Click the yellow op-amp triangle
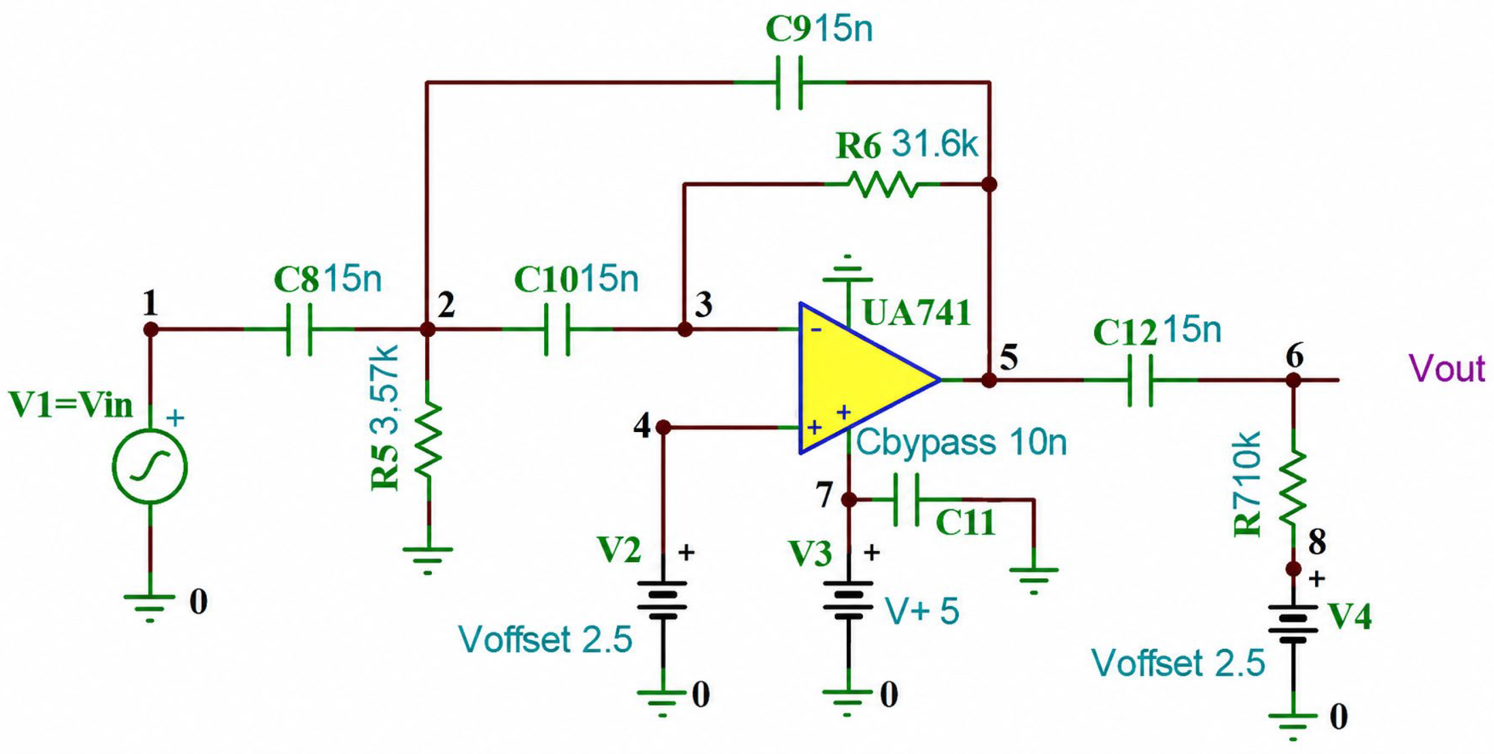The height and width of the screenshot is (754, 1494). [x=859, y=378]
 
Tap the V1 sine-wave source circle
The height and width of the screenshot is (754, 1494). [x=150, y=467]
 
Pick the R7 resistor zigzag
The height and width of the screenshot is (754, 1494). [x=1293, y=487]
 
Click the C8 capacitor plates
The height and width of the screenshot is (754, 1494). [x=299, y=329]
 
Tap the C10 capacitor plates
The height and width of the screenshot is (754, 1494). [x=557, y=329]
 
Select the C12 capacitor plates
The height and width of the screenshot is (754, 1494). [x=1140, y=380]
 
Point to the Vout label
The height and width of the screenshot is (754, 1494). [x=1446, y=368]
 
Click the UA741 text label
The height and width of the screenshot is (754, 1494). [x=916, y=314]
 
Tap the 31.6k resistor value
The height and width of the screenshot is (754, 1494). [x=935, y=144]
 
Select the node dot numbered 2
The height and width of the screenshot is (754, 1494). [x=428, y=329]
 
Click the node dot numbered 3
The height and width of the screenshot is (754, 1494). [x=685, y=329]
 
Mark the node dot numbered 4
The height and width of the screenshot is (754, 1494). [x=664, y=428]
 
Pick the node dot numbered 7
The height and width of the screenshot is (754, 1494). [x=848, y=499]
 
